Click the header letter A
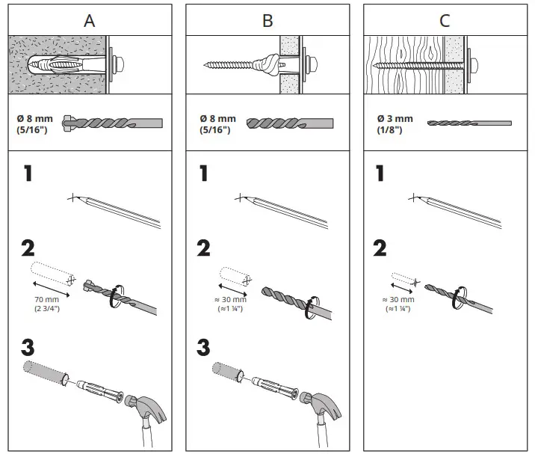(x=90, y=20)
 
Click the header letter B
(x=267, y=20)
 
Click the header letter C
(x=445, y=20)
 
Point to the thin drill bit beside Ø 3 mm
(x=468, y=123)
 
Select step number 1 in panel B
(x=204, y=174)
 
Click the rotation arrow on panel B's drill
(x=309, y=309)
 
